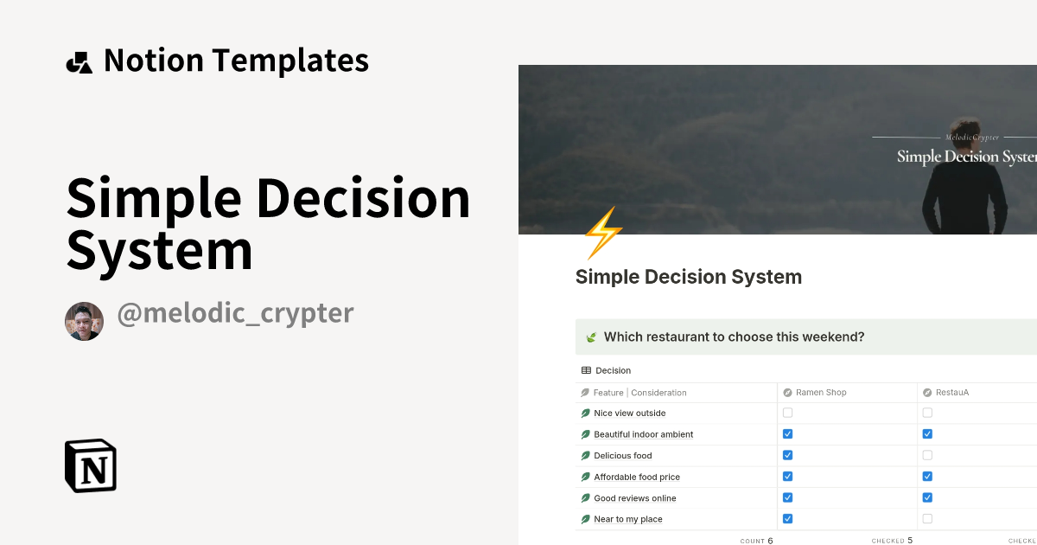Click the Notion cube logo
tap(91, 465)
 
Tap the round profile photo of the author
tap(84, 321)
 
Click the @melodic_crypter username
tap(235, 313)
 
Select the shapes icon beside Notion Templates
tap(79, 62)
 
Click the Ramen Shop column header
tap(820, 393)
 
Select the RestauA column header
tap(952, 393)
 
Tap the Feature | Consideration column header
tap(639, 393)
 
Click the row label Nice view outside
tap(629, 414)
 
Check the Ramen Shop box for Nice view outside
tap(787, 414)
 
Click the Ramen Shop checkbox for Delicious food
tap(787, 455)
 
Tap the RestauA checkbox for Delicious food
tap(927, 455)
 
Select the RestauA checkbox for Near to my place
tap(927, 519)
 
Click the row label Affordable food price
tap(638, 478)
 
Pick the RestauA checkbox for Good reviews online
tap(927, 497)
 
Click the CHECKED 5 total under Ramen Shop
tap(892, 541)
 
